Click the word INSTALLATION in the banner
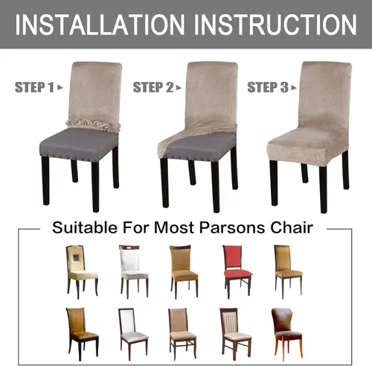tap(100, 25)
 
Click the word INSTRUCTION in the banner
tap(275, 25)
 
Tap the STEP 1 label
tap(34, 87)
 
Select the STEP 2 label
tap(153, 87)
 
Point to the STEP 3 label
tap(268, 87)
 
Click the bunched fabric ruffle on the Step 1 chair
tap(93, 125)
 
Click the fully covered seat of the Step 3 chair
tap(307, 147)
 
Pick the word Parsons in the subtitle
tap(232, 227)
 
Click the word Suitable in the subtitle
tap(85, 227)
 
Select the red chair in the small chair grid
tap(237, 271)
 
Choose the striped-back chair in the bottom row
tap(235, 334)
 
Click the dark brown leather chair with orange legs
tap(287, 332)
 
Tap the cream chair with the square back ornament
tap(82, 271)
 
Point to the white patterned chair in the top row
tap(134, 271)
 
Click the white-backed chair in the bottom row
tap(133, 334)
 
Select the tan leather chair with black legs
tap(82, 334)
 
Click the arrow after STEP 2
tap(179, 87)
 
